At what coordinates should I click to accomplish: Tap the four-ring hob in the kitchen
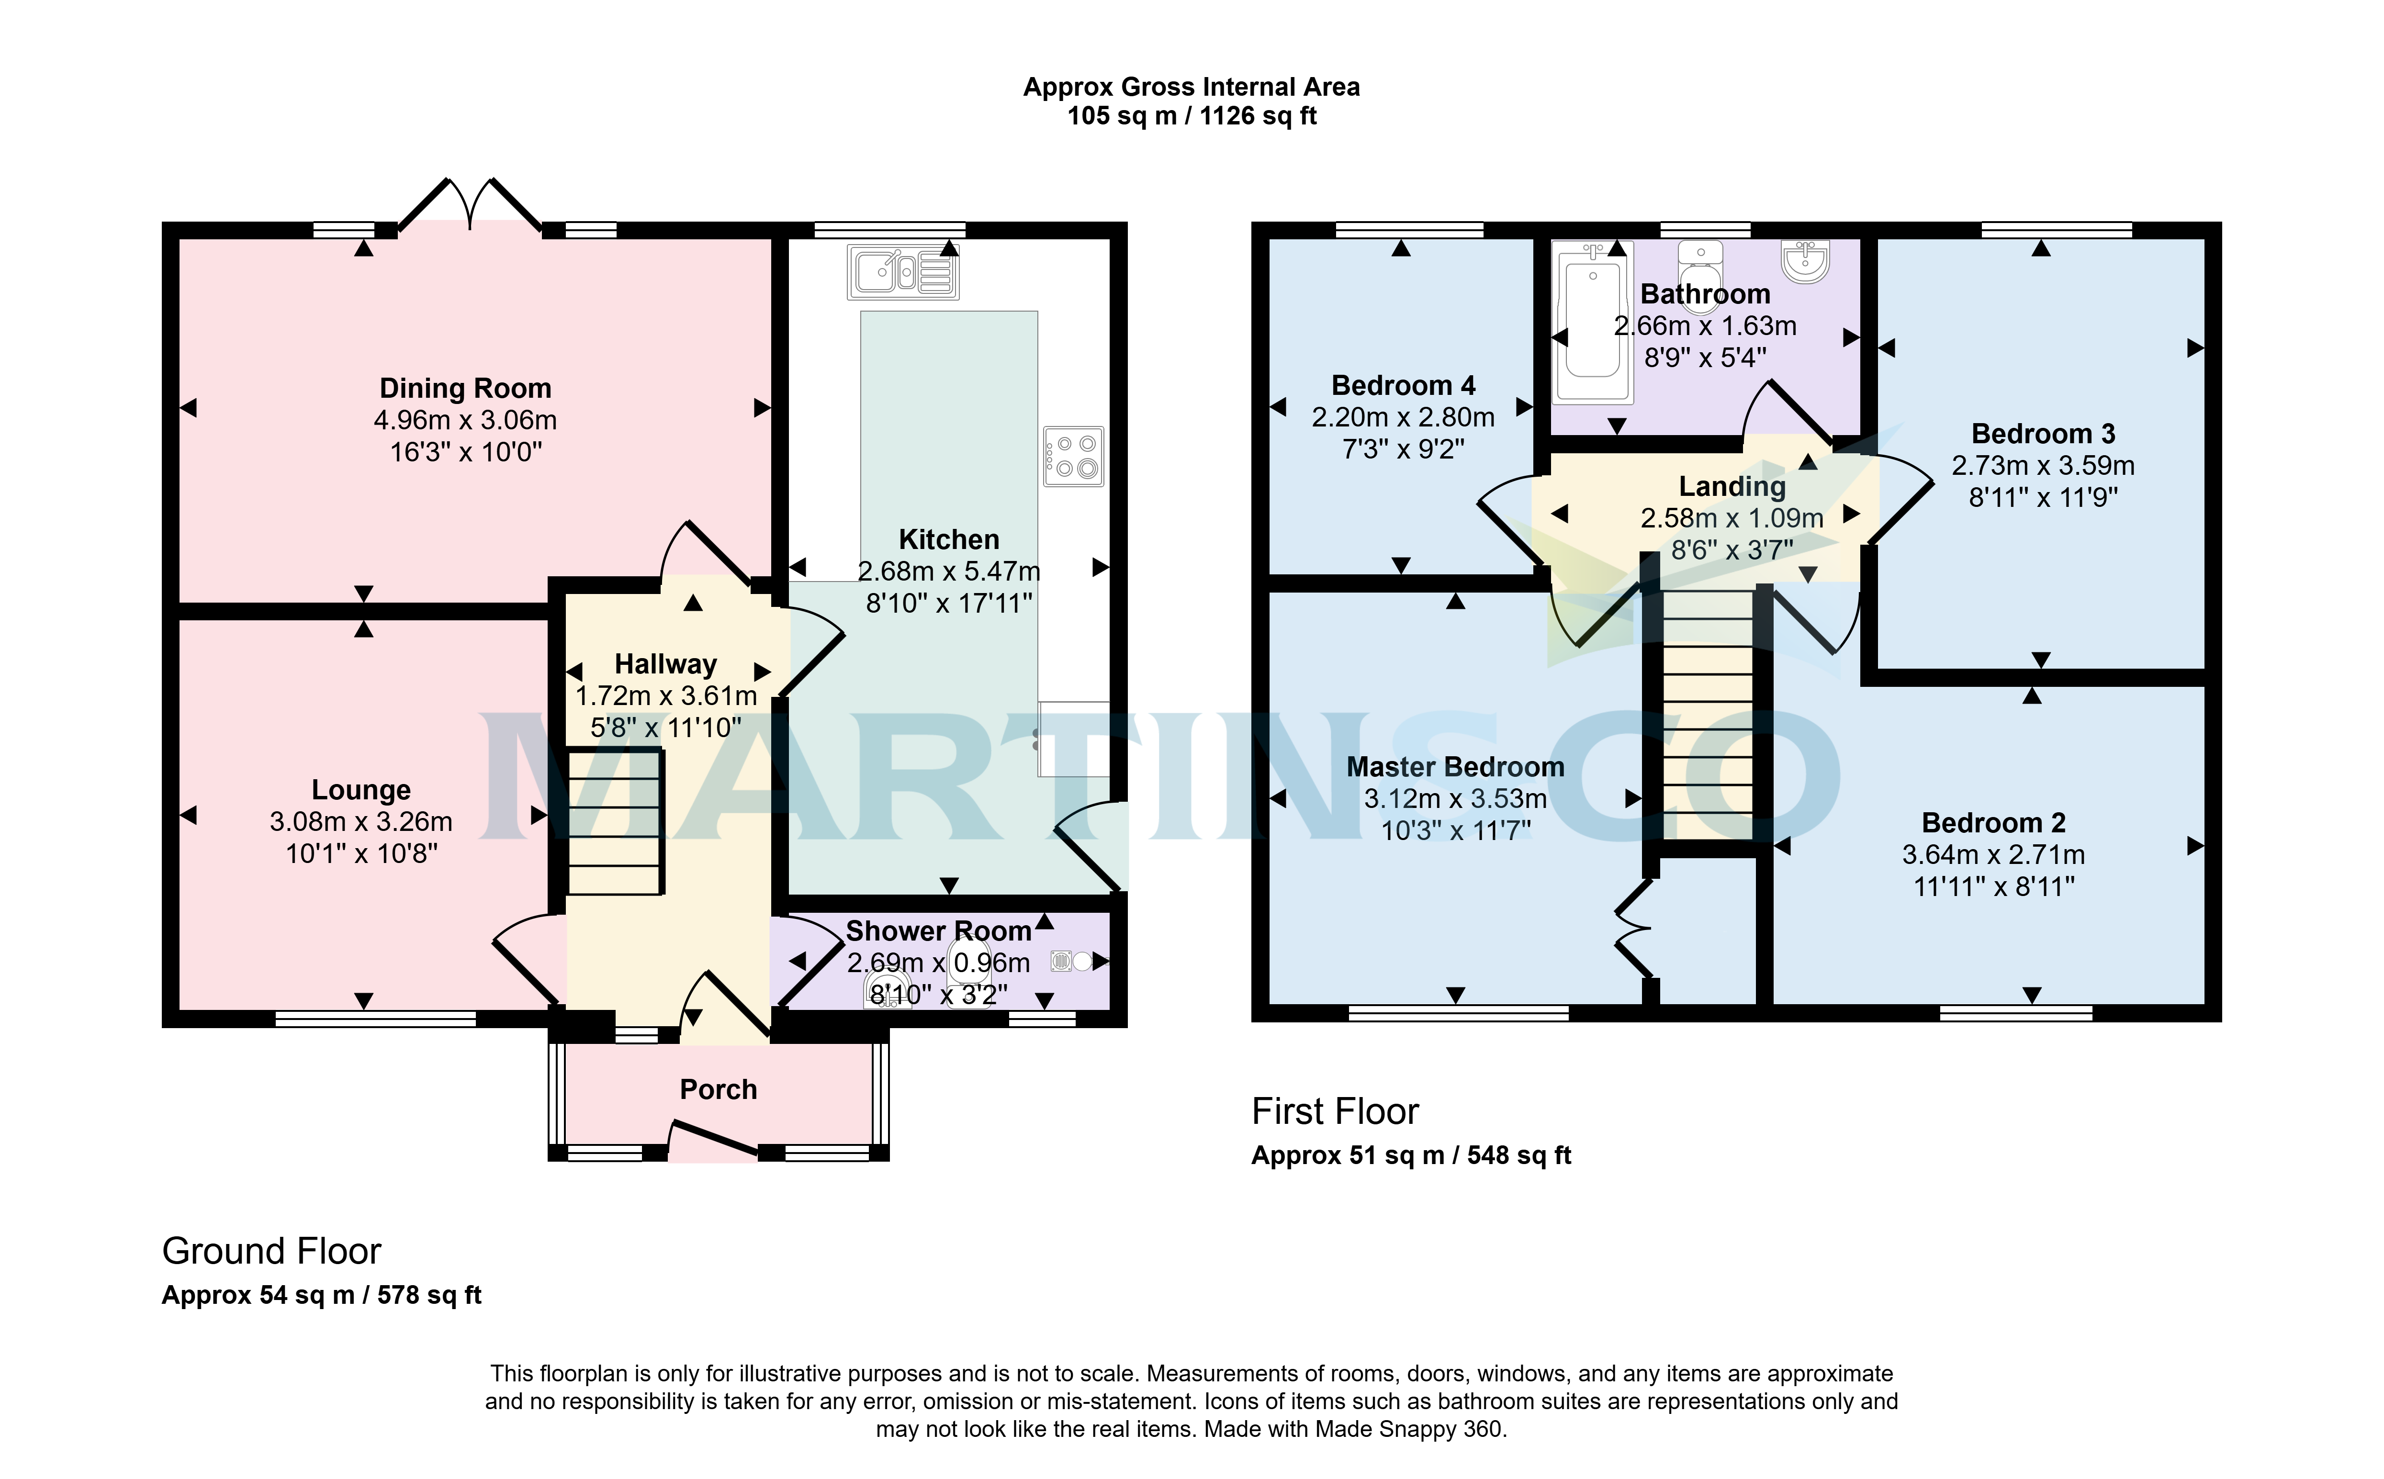1073,456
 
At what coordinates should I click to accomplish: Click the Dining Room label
466,388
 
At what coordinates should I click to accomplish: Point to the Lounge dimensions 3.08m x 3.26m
361,822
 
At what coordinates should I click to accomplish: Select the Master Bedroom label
1456,767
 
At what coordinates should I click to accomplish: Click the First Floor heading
1335,1111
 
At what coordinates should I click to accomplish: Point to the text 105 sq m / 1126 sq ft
1192,116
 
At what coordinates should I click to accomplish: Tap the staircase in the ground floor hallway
614,822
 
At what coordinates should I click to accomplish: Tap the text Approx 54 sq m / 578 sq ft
322,1295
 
